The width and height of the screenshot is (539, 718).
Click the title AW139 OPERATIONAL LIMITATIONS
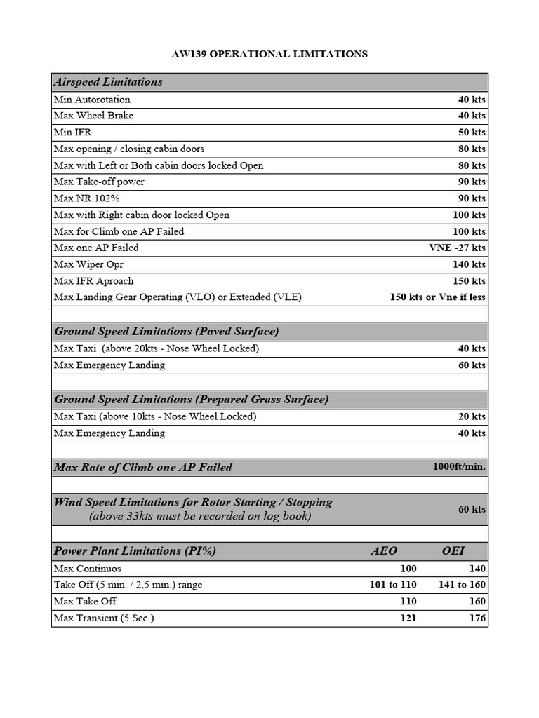click(x=269, y=54)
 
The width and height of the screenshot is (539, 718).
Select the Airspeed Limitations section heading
click(x=108, y=82)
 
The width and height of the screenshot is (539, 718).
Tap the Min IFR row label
click(x=73, y=133)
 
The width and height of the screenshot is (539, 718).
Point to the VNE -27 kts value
click(x=457, y=248)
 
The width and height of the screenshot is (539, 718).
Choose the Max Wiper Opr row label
click(x=88, y=264)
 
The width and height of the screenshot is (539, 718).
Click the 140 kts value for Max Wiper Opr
click(x=469, y=264)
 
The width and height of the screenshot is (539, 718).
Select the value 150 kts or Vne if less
click(x=437, y=297)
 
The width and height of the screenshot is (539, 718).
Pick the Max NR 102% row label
click(x=87, y=198)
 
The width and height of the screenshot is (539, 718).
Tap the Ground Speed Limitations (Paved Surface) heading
click(x=166, y=332)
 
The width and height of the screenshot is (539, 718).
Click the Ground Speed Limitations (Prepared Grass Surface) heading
click(x=191, y=400)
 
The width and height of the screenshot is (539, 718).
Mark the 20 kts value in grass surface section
click(x=472, y=416)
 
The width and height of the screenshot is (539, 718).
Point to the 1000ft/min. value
click(x=459, y=467)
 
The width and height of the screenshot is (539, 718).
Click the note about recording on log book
click(x=200, y=517)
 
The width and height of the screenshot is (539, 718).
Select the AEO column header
click(x=384, y=551)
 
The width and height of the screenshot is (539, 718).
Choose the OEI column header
click(x=453, y=551)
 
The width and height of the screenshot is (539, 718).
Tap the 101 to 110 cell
click(x=393, y=585)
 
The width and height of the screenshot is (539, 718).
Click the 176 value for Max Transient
click(x=477, y=618)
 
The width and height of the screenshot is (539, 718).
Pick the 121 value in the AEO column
click(x=408, y=618)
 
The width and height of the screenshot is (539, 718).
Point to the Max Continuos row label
click(x=88, y=569)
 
